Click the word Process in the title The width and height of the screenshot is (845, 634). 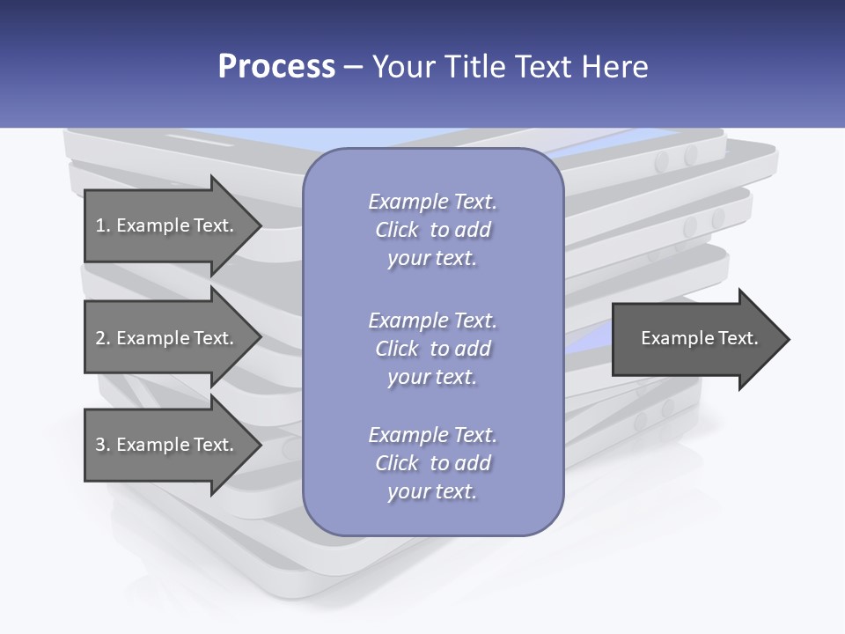(x=276, y=66)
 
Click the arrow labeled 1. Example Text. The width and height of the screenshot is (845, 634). (x=173, y=226)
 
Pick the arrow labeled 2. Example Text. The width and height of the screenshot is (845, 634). (x=173, y=337)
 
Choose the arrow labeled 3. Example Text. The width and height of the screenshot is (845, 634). (x=173, y=445)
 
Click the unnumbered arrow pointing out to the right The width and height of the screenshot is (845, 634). (x=701, y=339)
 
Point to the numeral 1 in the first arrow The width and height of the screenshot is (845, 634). (x=100, y=225)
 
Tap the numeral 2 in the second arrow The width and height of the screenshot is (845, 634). (x=100, y=338)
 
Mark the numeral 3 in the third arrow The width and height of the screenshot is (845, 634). (x=100, y=445)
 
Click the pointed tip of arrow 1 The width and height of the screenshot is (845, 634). (x=262, y=226)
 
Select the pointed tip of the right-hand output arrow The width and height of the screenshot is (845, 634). (x=790, y=339)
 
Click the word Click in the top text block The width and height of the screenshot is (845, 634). (x=397, y=230)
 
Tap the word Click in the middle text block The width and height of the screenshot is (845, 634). (x=397, y=349)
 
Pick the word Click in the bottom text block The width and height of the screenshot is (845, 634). (x=397, y=463)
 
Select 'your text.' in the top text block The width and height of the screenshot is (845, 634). (x=432, y=259)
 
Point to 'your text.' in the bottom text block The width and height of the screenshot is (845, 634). (x=432, y=491)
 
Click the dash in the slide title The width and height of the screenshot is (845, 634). (x=354, y=68)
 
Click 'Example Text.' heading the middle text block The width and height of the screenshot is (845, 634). (x=433, y=321)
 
